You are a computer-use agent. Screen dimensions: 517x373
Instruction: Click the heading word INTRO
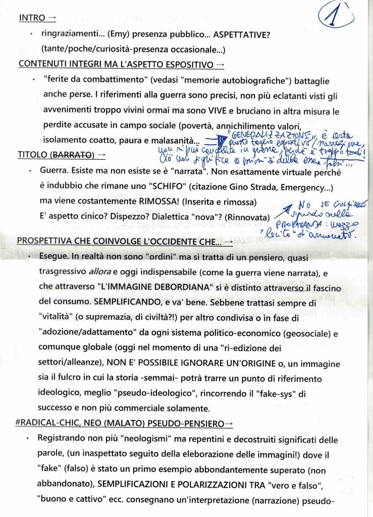(31, 18)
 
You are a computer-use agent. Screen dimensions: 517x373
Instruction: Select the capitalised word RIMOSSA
(153, 202)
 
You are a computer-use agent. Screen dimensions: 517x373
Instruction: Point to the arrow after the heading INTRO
(51, 18)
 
